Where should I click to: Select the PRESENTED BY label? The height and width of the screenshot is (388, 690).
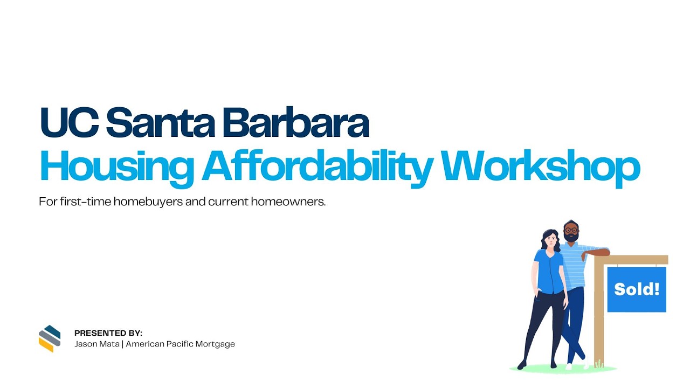[x=108, y=333]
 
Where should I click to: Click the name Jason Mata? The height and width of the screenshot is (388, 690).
[x=98, y=344]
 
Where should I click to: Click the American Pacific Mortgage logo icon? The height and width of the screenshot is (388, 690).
[x=50, y=338]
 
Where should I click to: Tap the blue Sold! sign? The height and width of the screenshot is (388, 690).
[x=637, y=289]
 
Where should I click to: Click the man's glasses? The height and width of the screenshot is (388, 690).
[x=571, y=231]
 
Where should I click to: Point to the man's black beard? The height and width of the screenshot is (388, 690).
[x=571, y=238]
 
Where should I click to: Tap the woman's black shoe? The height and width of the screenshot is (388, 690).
[x=522, y=365]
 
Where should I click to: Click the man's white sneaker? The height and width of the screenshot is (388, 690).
[x=569, y=366]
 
